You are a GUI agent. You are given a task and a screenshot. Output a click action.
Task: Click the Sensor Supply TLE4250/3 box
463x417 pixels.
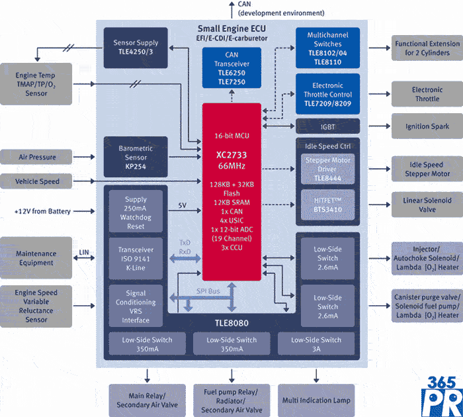(x=136, y=48)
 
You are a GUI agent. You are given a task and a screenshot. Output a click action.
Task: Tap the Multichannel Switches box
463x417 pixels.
(x=327, y=48)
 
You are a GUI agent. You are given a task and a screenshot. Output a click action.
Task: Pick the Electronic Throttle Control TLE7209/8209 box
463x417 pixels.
(x=327, y=94)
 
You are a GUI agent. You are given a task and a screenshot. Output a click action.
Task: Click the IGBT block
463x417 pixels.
(x=327, y=126)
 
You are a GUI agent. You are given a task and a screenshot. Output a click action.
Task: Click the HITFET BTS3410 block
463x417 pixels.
(x=327, y=206)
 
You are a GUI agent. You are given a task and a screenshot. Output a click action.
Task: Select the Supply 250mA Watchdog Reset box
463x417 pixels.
(x=136, y=212)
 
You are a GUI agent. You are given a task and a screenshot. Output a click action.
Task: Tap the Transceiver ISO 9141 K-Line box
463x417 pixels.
(x=136, y=259)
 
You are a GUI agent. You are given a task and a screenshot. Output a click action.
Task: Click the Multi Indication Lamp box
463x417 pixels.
(x=317, y=400)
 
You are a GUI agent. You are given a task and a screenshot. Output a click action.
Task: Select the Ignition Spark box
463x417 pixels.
(x=427, y=126)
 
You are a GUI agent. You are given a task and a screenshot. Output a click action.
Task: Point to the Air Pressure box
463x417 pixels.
(x=36, y=158)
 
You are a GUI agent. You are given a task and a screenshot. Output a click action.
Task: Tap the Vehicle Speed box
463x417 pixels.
(x=36, y=181)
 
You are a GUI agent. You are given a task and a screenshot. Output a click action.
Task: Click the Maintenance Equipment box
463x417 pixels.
(x=36, y=258)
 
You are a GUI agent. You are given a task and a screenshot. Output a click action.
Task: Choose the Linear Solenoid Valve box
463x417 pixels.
(x=427, y=205)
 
